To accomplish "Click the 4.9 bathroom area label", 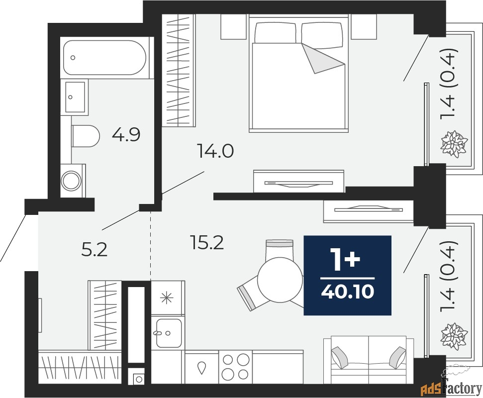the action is click(126, 135).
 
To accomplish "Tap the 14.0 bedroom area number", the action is click(215, 151).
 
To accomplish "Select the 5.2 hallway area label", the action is click(95, 250).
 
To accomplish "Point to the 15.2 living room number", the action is click(207, 242).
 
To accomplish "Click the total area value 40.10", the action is click(348, 291).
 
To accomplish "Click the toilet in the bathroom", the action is click(85, 136).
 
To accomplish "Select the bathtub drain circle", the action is click(73, 58).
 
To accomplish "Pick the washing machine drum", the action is click(71, 181).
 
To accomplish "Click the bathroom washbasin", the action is click(74, 97).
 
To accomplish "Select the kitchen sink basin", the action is click(169, 333).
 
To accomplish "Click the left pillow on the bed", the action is click(276, 32).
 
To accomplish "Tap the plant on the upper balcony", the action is click(454, 144).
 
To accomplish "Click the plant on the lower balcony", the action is click(454, 336).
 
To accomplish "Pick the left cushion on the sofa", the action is click(339, 357).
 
